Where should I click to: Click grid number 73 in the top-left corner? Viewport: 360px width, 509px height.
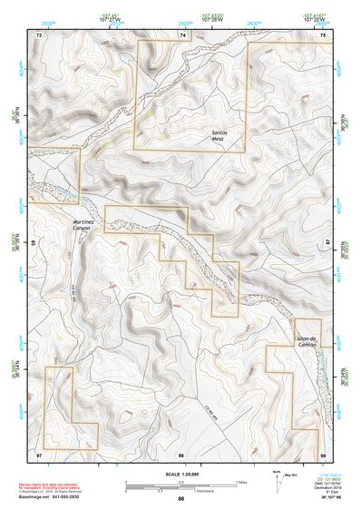(39, 34)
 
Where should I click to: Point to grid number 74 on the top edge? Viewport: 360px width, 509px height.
(182, 34)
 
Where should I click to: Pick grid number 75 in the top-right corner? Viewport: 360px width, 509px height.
(324, 34)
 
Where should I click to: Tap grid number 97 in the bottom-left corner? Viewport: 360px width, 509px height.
(39, 453)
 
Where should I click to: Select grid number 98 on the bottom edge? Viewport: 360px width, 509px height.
(181, 453)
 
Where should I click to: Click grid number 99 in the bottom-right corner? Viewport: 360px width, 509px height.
(323, 453)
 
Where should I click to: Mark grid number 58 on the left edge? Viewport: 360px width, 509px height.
(34, 243)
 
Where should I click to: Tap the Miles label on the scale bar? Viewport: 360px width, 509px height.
(240, 482)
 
